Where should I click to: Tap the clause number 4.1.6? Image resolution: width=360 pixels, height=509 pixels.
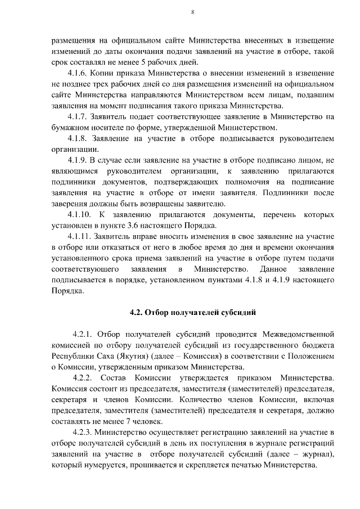(x=79, y=73)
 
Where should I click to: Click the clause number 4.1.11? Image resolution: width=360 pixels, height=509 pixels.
(x=81, y=237)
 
